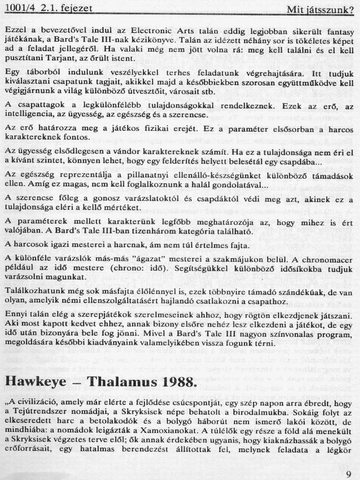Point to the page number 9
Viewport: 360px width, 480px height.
pyautogui.click(x=348, y=474)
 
